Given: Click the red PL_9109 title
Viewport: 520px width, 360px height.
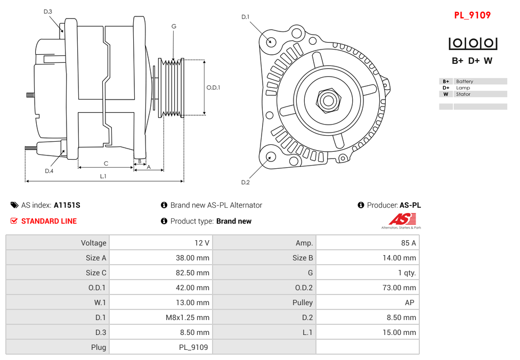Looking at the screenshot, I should (472, 15).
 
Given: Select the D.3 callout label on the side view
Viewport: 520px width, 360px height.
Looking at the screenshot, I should (48, 12).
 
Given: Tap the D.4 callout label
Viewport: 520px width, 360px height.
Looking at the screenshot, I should (49, 171).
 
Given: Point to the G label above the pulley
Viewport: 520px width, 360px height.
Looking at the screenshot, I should (174, 27).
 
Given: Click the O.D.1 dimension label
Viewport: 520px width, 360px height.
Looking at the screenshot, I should (213, 88).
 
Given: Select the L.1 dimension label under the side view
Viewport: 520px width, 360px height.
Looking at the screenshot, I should (103, 176).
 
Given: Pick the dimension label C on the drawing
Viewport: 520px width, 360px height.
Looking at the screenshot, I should (106, 163).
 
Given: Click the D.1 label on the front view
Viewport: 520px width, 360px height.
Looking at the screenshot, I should (245, 17).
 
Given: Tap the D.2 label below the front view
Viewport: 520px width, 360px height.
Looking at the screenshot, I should (245, 183).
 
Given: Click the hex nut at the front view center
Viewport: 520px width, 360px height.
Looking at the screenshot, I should (328, 100).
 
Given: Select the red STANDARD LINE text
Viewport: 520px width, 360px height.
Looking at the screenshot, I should (49, 221).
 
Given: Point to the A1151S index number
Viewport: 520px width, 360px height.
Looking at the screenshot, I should (67, 205).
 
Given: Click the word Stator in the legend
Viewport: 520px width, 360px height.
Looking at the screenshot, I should (463, 94).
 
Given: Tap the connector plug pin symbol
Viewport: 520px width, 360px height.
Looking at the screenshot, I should (473, 44).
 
